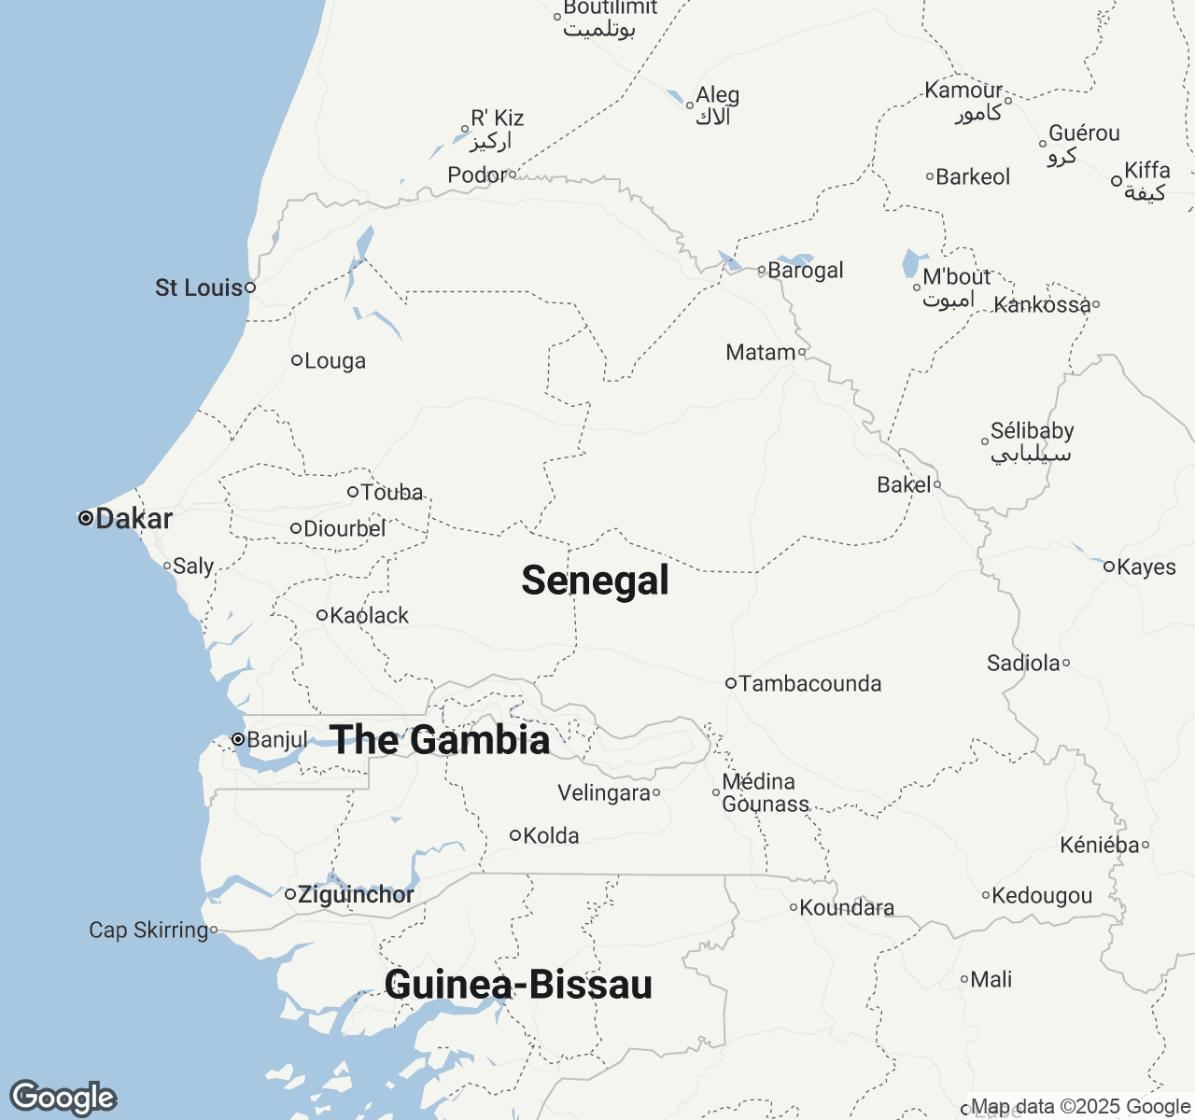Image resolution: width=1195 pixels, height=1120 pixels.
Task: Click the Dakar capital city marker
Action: [85, 518]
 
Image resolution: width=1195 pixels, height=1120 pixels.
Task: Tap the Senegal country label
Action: [595, 581]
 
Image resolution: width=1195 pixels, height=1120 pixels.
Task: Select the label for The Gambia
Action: [440, 740]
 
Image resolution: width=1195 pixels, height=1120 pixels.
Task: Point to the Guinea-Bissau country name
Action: [518, 986]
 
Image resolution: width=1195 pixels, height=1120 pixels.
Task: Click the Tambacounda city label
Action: [809, 684]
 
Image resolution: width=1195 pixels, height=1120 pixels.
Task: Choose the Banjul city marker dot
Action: [238, 739]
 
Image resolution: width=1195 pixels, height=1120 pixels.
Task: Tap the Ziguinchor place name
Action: [356, 895]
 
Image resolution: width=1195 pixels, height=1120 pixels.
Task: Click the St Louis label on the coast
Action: [198, 287]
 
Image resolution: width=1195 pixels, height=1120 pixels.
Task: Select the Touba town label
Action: [392, 492]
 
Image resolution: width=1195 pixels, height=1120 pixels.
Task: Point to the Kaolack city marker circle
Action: [321, 615]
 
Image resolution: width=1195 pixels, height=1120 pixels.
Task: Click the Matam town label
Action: [760, 353]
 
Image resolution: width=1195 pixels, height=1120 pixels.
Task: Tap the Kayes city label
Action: [1146, 567]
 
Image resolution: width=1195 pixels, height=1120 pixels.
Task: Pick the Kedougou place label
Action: [1042, 896]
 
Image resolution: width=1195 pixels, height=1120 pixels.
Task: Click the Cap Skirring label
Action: [148, 931]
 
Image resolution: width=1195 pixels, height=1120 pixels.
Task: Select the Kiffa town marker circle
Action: [1117, 181]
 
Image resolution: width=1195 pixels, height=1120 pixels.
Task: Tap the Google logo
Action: [63, 1099]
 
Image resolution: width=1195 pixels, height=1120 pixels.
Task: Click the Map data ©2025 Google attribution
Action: [1080, 1107]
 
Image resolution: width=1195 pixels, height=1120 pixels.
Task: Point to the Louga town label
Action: [335, 361]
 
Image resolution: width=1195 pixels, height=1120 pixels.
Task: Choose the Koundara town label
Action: [847, 908]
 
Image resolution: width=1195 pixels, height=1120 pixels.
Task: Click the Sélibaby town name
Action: [1032, 431]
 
